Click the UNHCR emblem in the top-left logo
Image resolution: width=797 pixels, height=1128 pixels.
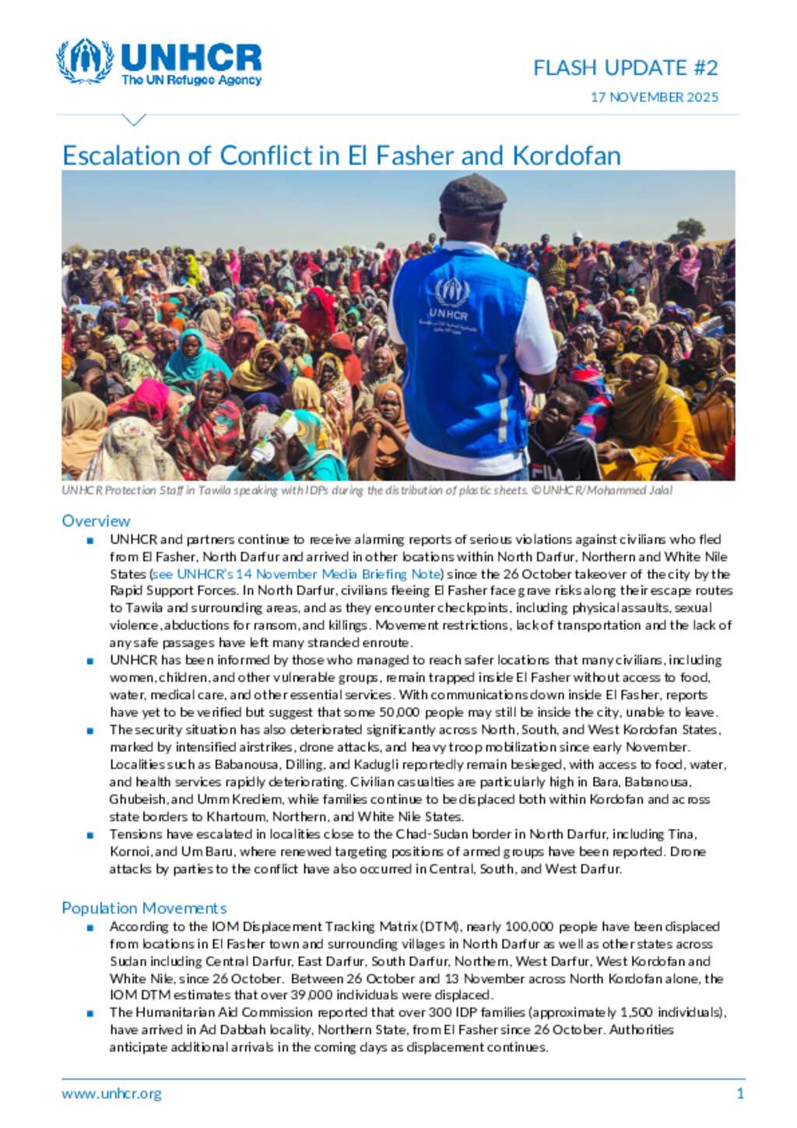84,61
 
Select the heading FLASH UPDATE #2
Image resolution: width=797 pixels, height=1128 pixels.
625,69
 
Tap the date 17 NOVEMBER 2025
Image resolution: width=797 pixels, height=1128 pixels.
654,97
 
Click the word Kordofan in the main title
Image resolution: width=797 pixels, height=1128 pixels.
566,156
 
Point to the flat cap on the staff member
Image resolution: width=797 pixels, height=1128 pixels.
472,195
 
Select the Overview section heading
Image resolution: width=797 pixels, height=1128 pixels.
96,521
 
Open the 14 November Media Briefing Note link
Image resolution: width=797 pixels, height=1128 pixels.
297,574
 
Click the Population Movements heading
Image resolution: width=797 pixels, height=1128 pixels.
144,908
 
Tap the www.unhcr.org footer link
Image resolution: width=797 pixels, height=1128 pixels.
111,1093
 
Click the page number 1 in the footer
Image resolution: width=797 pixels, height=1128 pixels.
739,1093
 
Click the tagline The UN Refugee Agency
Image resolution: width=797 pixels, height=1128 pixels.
191,80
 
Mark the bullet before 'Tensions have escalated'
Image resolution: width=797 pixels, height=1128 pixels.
91,835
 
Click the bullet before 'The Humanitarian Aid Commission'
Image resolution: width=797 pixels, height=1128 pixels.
91,1013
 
